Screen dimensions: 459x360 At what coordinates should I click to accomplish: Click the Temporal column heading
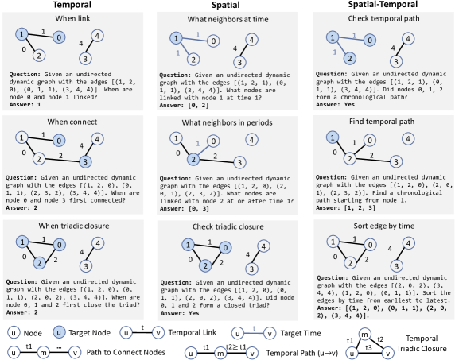pyautogui.click(x=72, y=5)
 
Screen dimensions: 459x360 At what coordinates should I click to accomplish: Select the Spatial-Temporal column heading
pyautogui.click(x=383, y=5)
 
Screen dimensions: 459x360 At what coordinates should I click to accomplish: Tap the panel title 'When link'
pyautogui.click(x=72, y=18)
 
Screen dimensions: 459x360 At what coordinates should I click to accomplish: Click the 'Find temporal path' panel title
pyautogui.click(x=382, y=122)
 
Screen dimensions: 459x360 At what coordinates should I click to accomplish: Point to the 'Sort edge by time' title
pyautogui.click(x=383, y=226)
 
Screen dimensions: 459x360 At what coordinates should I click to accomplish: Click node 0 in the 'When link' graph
pyautogui.click(x=59, y=37)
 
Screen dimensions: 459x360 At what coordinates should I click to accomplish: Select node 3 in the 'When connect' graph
pyautogui.click(x=85, y=162)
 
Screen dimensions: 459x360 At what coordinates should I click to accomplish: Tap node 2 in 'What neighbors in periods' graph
pyautogui.click(x=193, y=160)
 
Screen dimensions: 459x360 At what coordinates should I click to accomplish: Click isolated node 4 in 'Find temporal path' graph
pyautogui.click(x=408, y=138)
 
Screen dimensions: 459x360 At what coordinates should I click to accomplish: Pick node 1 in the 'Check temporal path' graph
pyautogui.click(x=333, y=37)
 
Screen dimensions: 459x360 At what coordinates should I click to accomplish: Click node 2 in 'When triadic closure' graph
pyautogui.click(x=39, y=262)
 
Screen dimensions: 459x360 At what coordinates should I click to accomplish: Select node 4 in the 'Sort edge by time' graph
pyautogui.click(x=408, y=243)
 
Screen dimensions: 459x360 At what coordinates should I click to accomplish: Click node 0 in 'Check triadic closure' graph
pyautogui.click(x=225, y=248)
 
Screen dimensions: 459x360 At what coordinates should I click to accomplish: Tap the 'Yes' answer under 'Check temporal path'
pyautogui.click(x=349, y=104)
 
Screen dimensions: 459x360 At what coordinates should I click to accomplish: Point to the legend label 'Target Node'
pyautogui.click(x=89, y=333)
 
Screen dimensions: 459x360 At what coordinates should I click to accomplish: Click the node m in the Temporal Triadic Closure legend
pyautogui.click(x=365, y=334)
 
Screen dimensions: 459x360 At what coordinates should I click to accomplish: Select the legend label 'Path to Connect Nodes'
pyautogui.click(x=126, y=352)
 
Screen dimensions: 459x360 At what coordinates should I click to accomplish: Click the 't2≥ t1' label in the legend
pyautogui.click(x=236, y=346)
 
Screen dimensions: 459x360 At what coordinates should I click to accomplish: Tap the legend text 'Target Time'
pyautogui.click(x=301, y=333)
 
